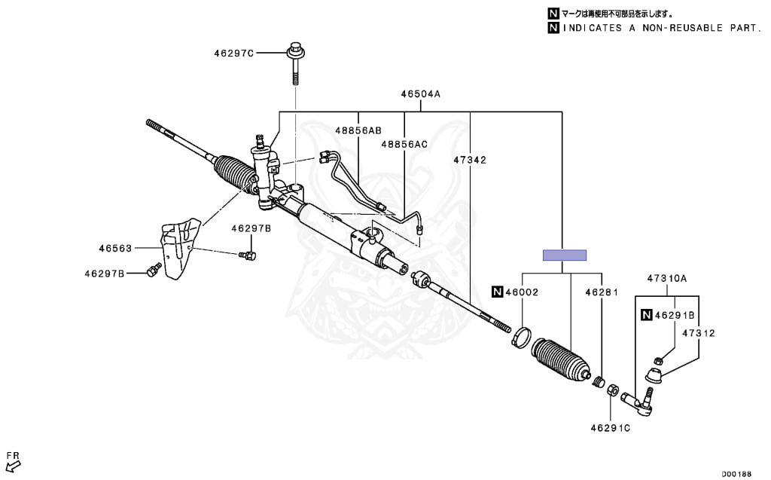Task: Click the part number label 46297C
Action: tap(233, 54)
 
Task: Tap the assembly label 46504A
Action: tap(420, 94)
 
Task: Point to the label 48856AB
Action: tap(358, 130)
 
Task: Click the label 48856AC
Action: tap(404, 144)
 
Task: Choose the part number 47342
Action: tap(470, 160)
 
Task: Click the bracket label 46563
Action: tap(114, 246)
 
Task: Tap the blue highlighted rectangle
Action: tap(565, 255)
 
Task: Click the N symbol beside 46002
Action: tap(497, 292)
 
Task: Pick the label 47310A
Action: tap(667, 278)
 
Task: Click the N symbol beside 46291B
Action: tap(646, 315)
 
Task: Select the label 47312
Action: tap(699, 332)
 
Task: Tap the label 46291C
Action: tap(610, 428)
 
